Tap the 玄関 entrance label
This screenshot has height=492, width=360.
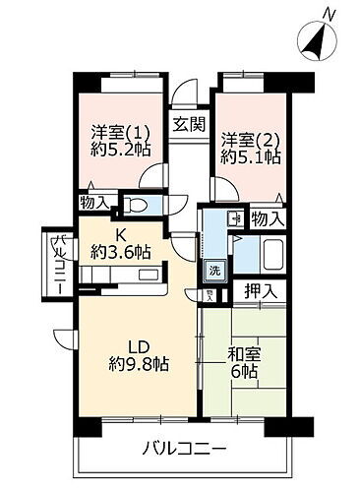pyautogui.click(x=189, y=124)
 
